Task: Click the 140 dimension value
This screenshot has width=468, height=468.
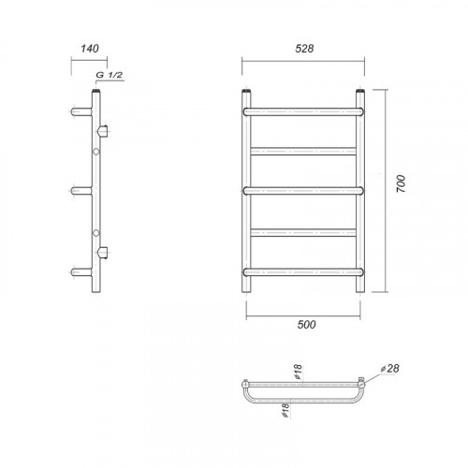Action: pos(90,49)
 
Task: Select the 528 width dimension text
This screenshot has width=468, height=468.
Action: pos(304,49)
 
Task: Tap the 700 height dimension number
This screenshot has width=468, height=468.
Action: pos(401,183)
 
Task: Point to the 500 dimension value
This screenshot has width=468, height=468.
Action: pos(306,325)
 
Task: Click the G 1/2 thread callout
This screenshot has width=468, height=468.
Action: pos(109,75)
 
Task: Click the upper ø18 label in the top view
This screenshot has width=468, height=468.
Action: pos(299,372)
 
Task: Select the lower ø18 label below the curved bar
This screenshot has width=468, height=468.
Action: pos(285,410)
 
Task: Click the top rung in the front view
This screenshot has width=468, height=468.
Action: pos(303,111)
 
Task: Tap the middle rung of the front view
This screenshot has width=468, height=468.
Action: pos(303,191)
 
